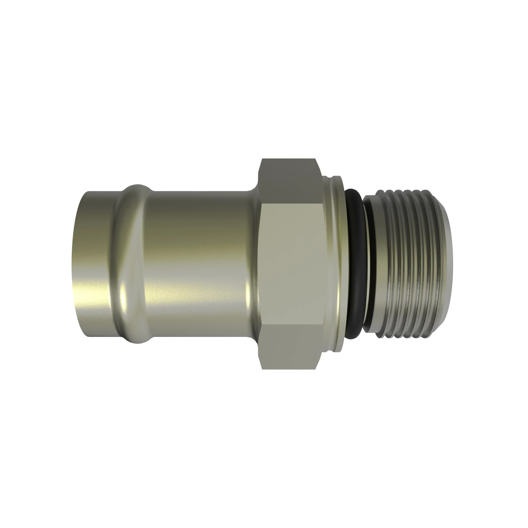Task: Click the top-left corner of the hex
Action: pyautogui.click(x=262, y=159)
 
